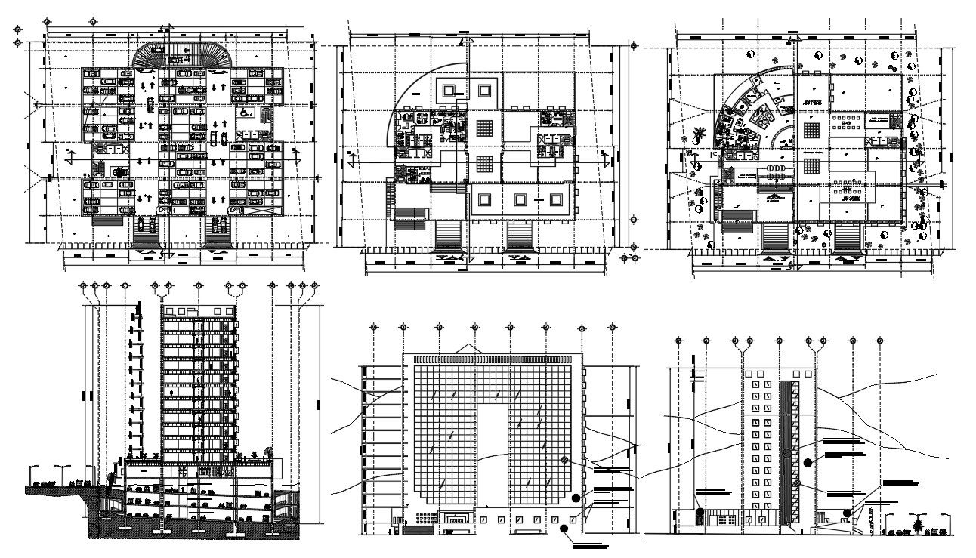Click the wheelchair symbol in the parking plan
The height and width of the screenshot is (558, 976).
click(246, 111)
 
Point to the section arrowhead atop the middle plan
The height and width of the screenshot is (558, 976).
click(468, 39)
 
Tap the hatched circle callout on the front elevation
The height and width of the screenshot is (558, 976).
click(564, 460)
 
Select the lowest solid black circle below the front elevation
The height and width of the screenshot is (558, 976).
click(564, 529)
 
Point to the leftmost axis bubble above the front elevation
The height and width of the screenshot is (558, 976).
click(374, 327)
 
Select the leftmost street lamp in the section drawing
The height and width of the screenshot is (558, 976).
click(33, 471)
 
